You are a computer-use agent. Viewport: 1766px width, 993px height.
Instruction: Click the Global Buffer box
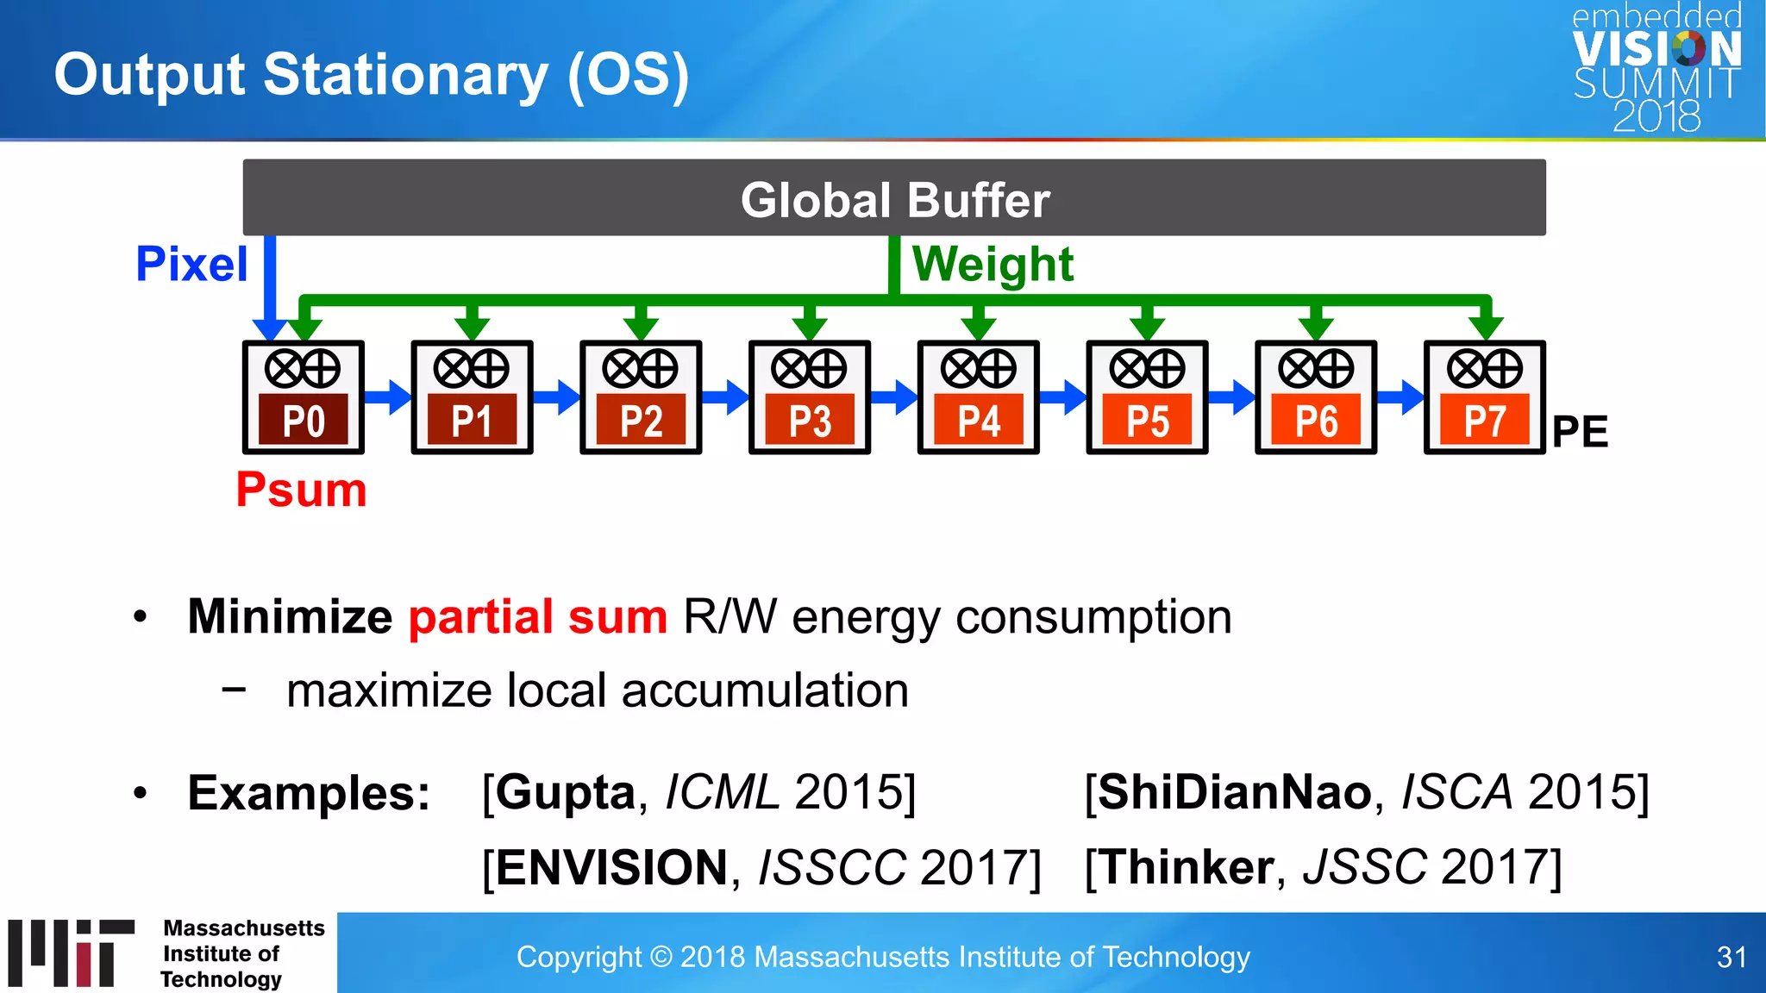[894, 197]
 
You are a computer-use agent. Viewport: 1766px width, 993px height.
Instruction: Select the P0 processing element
[304, 397]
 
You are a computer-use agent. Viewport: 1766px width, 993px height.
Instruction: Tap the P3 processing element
[810, 397]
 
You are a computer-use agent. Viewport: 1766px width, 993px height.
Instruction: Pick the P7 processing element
[1484, 397]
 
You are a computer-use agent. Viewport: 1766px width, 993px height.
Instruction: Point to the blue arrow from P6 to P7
[1400, 397]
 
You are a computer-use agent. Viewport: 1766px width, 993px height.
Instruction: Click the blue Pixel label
[191, 264]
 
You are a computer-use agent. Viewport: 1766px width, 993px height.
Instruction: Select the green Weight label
[993, 264]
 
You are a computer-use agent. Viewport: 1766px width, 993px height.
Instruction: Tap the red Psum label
[301, 490]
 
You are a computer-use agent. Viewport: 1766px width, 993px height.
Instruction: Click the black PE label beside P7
[1580, 431]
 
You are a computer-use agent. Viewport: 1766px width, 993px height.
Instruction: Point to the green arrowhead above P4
[979, 328]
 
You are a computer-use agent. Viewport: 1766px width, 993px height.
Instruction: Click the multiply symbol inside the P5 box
[1129, 369]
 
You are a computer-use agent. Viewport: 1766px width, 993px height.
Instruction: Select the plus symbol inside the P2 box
[660, 369]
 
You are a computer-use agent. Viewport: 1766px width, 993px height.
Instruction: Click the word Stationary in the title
[405, 75]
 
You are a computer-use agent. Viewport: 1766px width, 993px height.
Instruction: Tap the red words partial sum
[538, 617]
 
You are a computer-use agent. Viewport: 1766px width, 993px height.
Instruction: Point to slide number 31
[1732, 957]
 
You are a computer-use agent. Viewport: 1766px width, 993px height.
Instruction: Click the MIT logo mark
[72, 952]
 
